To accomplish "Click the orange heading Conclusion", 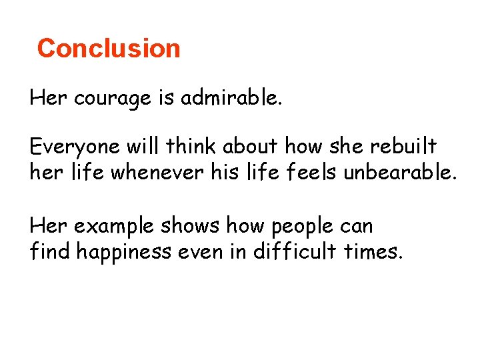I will [109, 49].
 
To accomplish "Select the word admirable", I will [230, 99].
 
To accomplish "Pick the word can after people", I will [355, 227].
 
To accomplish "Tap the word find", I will [51, 253].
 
